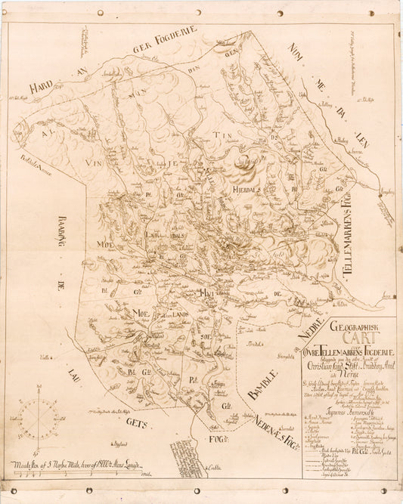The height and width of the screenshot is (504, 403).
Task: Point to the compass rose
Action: pos(36,419)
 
